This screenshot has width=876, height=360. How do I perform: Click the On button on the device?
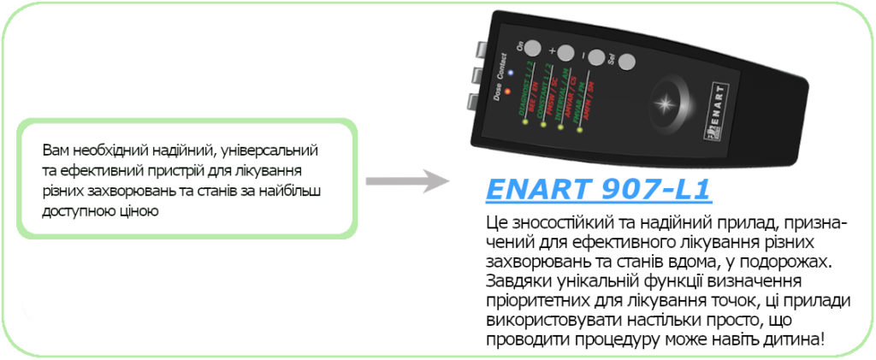click(x=532, y=48)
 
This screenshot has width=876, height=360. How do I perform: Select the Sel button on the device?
click(x=626, y=63)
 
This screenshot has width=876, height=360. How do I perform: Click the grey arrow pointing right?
click(x=406, y=181)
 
